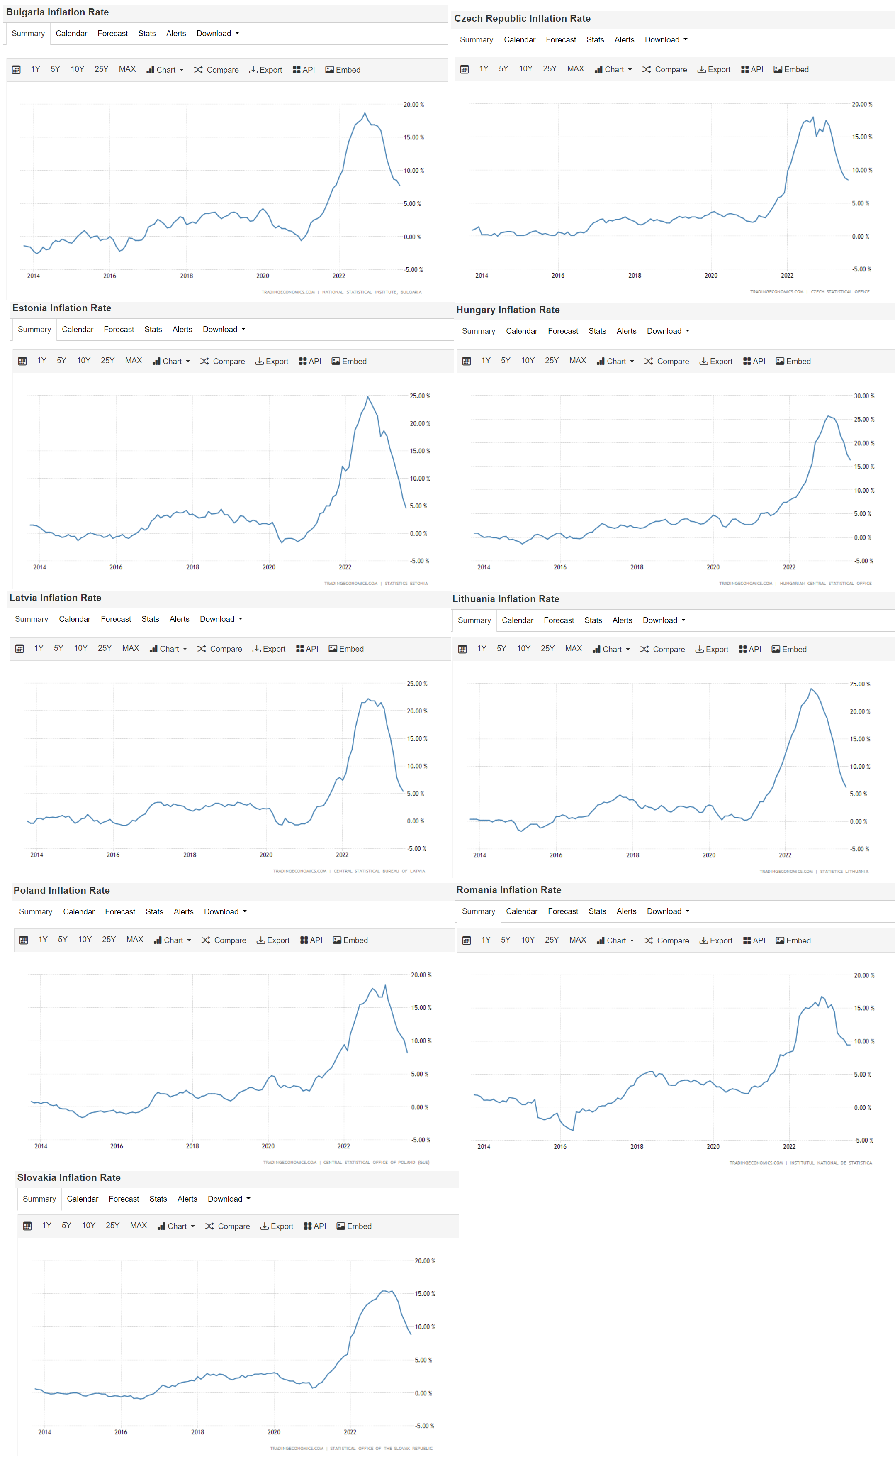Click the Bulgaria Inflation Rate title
[57, 12]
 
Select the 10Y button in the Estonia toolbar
[83, 361]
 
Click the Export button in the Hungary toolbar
[716, 361]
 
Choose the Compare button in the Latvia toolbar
[219, 649]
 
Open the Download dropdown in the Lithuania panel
[663, 620]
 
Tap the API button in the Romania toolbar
[754, 940]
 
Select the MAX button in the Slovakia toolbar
[138, 1226]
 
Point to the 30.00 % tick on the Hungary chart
[863, 396]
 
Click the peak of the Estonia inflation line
[368, 397]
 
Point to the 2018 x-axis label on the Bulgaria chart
[186, 276]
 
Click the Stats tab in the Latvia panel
[150, 619]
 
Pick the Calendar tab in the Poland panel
[79, 911]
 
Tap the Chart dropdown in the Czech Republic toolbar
[613, 69]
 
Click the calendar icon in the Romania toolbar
[467, 940]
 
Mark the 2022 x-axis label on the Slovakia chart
[350, 1432]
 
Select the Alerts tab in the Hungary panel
[626, 331]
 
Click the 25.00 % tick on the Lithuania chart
[860, 684]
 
